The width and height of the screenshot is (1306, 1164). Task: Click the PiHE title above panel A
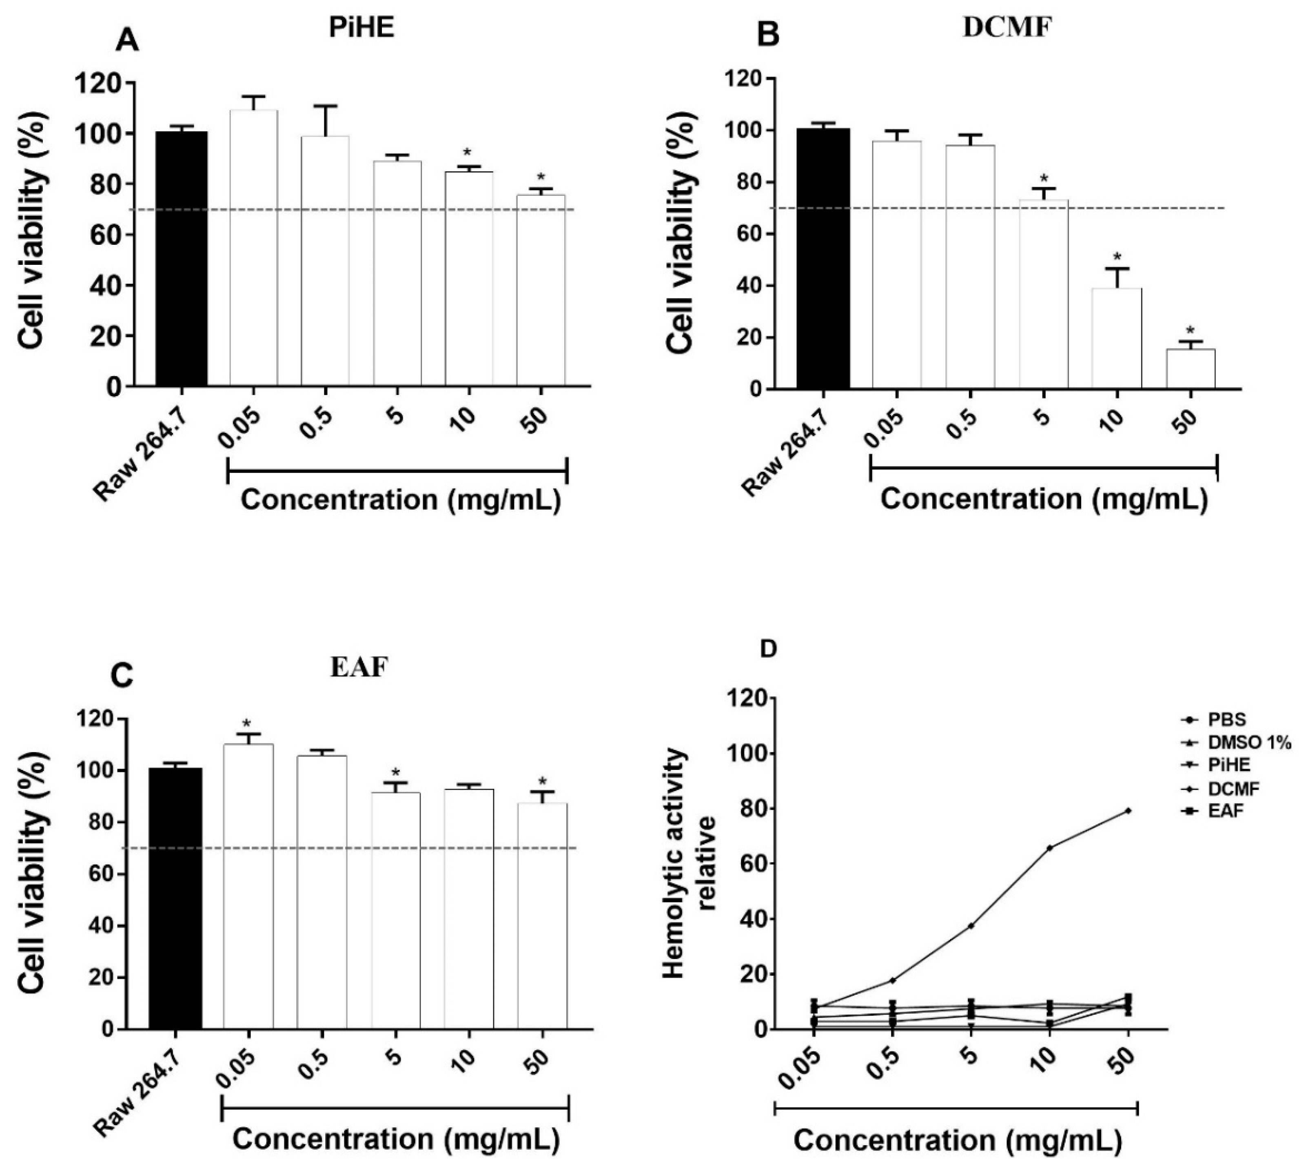[x=361, y=29]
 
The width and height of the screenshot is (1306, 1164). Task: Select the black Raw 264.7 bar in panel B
[x=823, y=259]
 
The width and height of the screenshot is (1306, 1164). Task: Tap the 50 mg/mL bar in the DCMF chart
[x=1190, y=368]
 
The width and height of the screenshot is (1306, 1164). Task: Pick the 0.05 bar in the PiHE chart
[x=253, y=248]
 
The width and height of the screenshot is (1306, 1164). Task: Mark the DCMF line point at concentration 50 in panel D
[x=1128, y=811]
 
